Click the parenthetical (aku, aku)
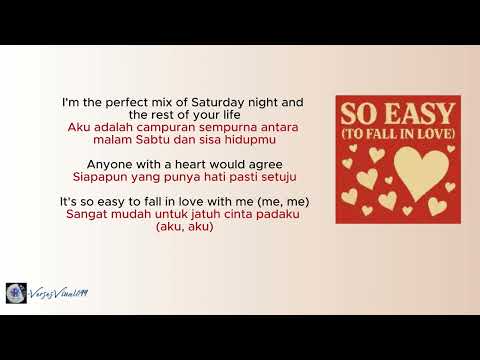pyautogui.click(x=185, y=227)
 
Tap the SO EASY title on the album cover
pyautogui.click(x=397, y=111)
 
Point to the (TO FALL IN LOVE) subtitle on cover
pyautogui.click(x=397, y=133)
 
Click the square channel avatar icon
pyautogui.click(x=16, y=293)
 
